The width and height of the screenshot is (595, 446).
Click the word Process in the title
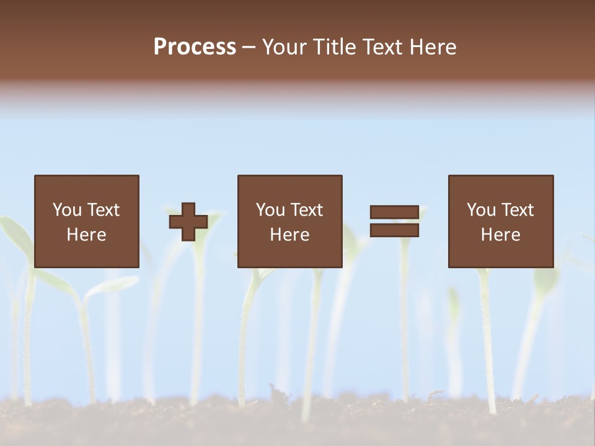tap(195, 47)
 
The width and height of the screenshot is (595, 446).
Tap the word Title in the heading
tap(338, 47)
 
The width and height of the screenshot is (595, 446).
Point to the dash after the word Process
tap(249, 48)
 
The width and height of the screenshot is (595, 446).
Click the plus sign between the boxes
tap(188, 222)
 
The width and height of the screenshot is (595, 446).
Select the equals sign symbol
tap(394, 221)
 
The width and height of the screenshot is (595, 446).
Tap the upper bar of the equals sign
tap(394, 212)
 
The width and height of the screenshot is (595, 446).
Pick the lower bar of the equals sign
tap(394, 230)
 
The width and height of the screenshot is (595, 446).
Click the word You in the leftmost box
tap(67, 210)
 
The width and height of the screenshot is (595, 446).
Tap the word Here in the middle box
tap(289, 235)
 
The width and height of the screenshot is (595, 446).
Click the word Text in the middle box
tap(307, 210)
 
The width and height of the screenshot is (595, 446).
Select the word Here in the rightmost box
tap(500, 235)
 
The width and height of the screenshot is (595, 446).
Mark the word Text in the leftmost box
tap(104, 210)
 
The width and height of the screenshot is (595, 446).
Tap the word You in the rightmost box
tap(481, 210)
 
